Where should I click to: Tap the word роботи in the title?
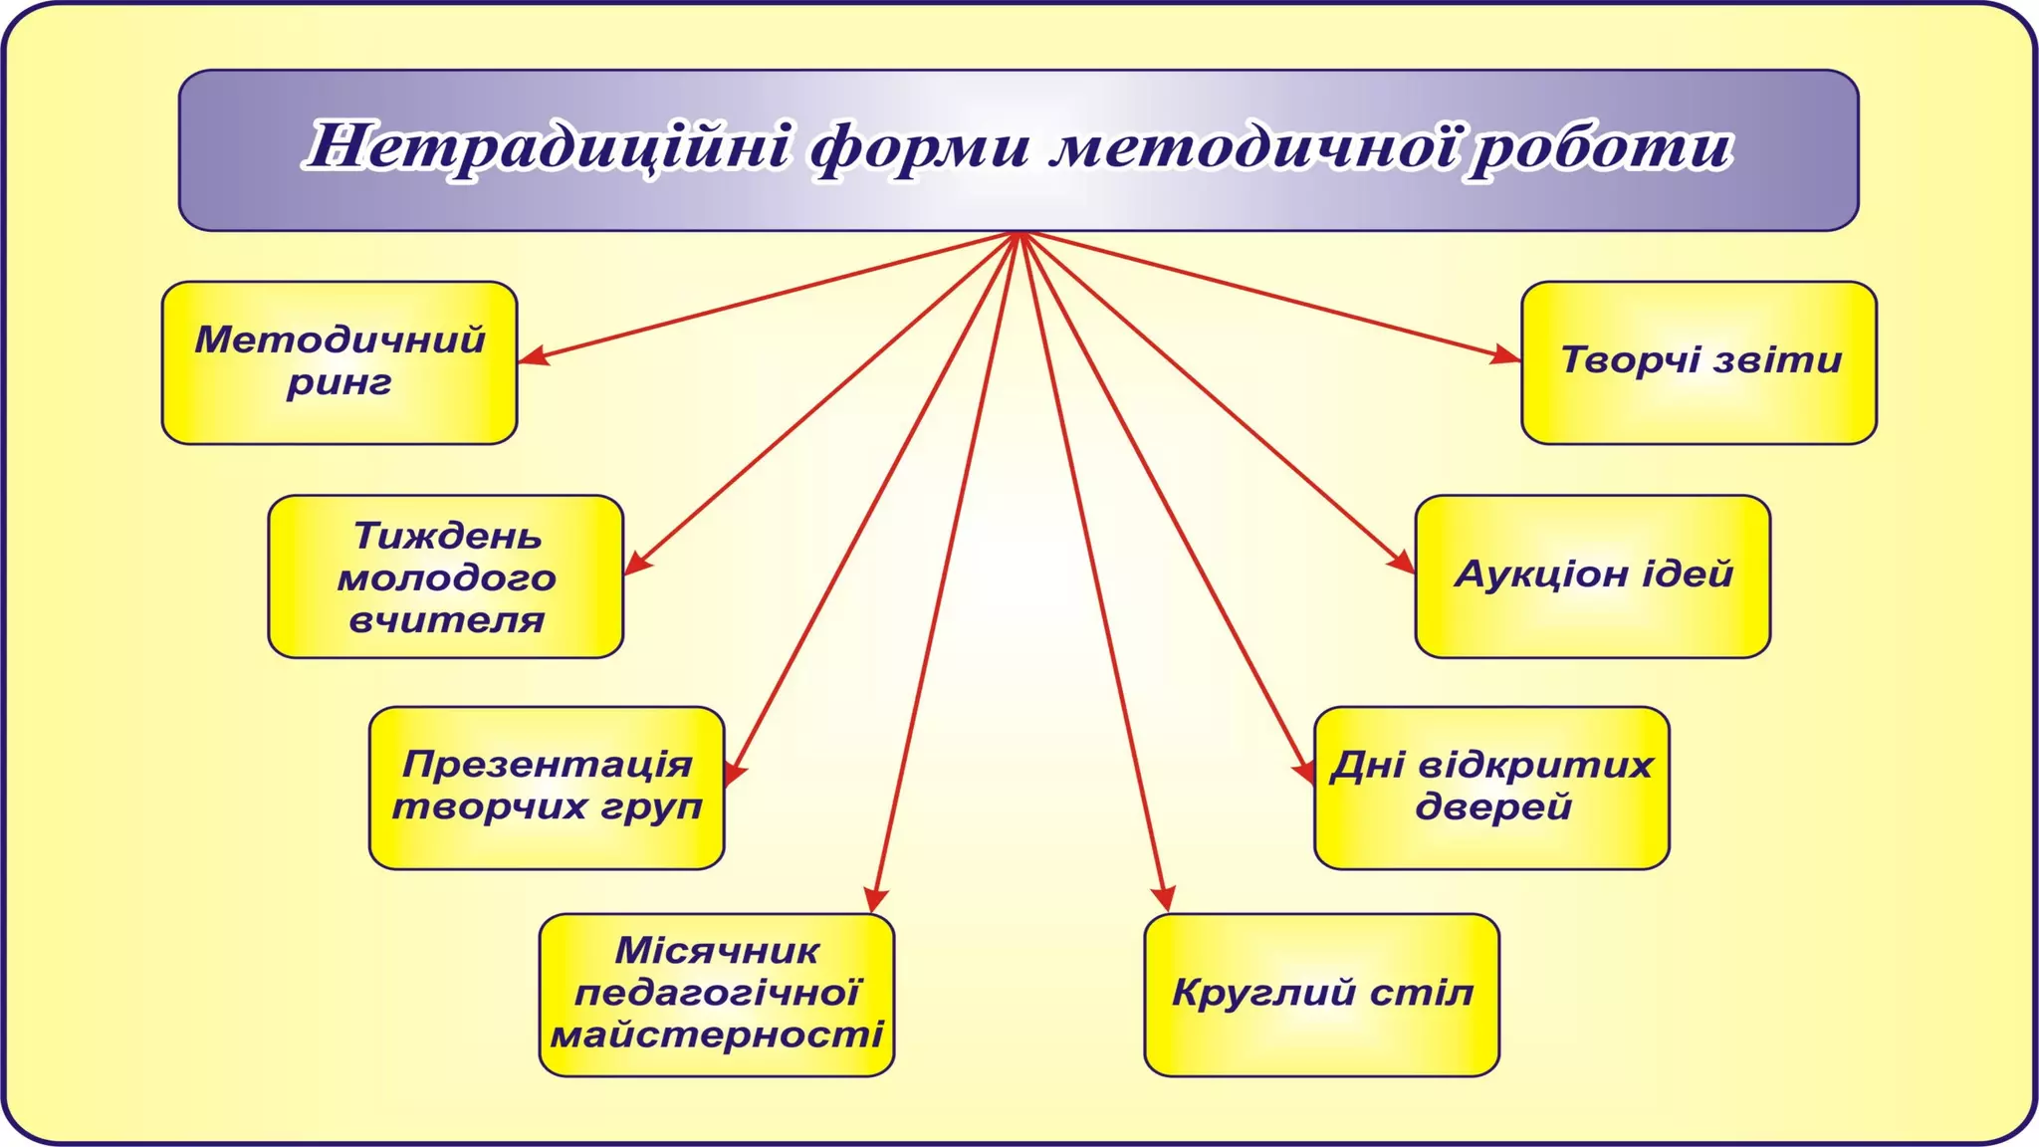click(x=1602, y=147)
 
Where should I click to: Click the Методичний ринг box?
click(x=340, y=362)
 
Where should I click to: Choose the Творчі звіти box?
click(x=1699, y=362)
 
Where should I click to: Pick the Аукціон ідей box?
click(x=1592, y=575)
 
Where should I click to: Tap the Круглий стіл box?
click(x=1321, y=994)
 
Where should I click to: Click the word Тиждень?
click(x=447, y=537)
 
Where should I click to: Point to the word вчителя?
click(x=447, y=620)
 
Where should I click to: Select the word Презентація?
click(x=547, y=765)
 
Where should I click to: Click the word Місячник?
click(x=717, y=951)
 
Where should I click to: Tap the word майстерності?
click(x=717, y=1035)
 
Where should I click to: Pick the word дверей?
click(x=1492, y=806)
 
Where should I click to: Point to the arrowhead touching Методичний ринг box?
click(x=532, y=356)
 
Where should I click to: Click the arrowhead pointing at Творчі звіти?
click(x=1505, y=355)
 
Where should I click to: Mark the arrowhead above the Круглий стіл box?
click(x=1164, y=898)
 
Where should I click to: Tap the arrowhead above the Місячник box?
click(x=875, y=899)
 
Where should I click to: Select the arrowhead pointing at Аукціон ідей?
click(x=1402, y=563)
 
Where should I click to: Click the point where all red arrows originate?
click(x=1019, y=234)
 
